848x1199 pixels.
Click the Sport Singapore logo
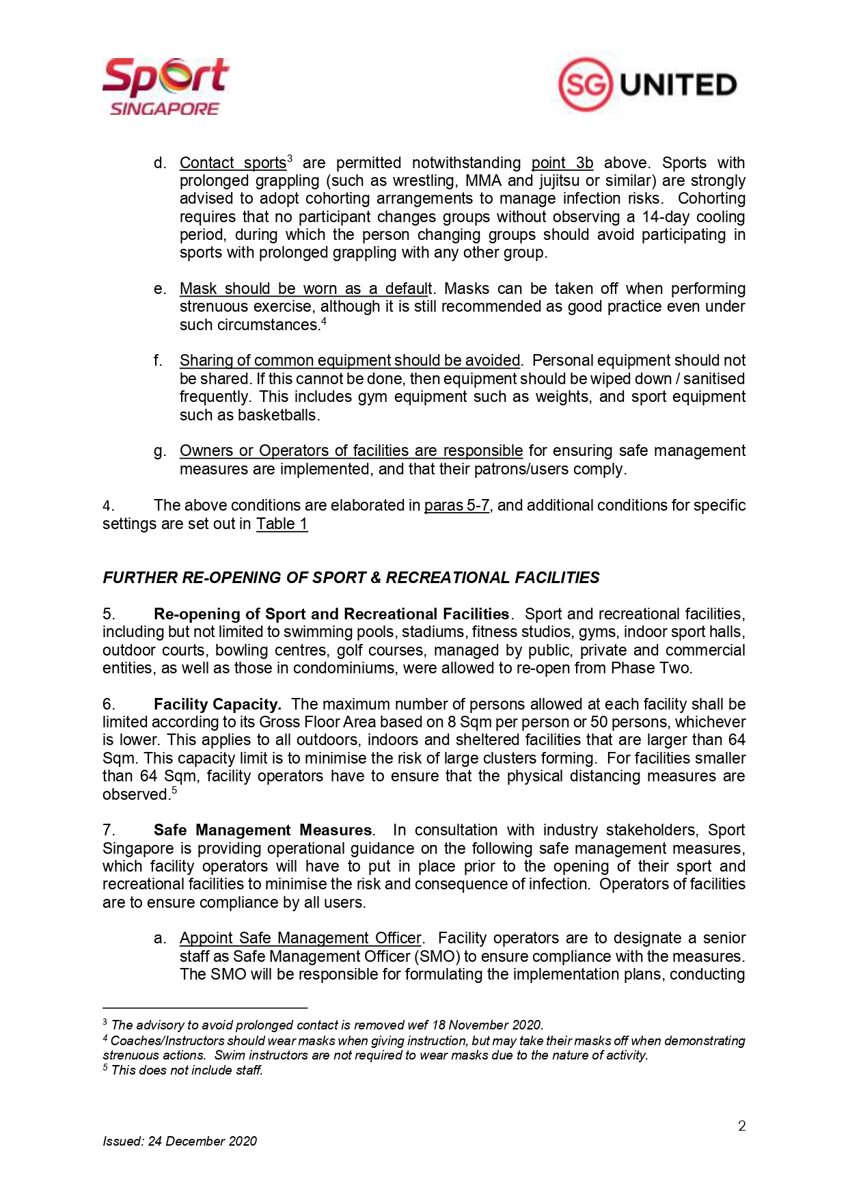pyautogui.click(x=165, y=86)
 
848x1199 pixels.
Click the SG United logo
pyautogui.click(x=647, y=85)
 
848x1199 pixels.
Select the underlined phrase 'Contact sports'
pyautogui.click(x=232, y=163)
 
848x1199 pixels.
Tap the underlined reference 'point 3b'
pyautogui.click(x=562, y=163)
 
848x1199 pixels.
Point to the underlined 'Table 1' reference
pyautogui.click(x=282, y=524)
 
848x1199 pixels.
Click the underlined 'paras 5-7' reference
pyautogui.click(x=456, y=506)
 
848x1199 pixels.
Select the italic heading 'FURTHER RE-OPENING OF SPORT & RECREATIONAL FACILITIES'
pyautogui.click(x=351, y=578)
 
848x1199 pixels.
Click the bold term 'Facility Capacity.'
pyautogui.click(x=217, y=705)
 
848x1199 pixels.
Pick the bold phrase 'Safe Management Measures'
pyautogui.click(x=262, y=831)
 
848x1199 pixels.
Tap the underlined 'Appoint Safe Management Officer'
pyautogui.click(x=301, y=939)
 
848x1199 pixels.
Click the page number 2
pyautogui.click(x=741, y=1126)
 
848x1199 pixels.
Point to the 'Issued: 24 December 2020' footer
pyautogui.click(x=180, y=1142)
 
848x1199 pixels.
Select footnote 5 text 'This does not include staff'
pyautogui.click(x=187, y=1070)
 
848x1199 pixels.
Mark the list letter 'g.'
pyautogui.click(x=160, y=451)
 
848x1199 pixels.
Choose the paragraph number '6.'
pyautogui.click(x=109, y=705)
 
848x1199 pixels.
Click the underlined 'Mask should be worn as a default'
pyautogui.click(x=305, y=289)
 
